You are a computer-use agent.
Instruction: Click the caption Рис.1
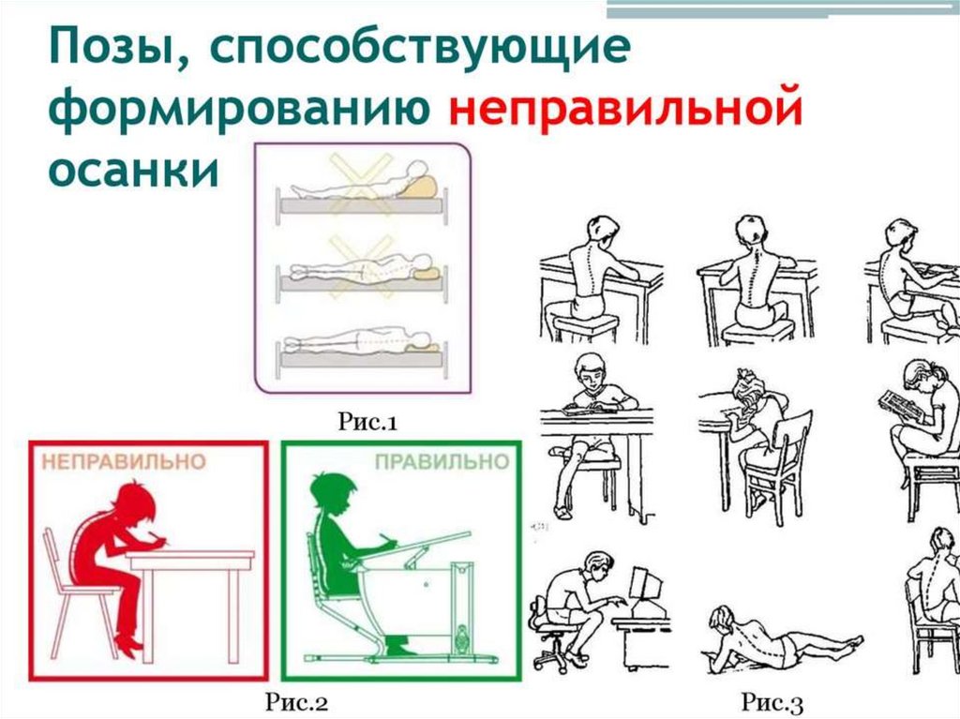coord(367,421)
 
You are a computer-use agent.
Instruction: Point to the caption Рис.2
coord(297,702)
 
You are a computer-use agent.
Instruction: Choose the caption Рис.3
coord(772,702)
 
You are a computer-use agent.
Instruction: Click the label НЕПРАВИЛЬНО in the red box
coord(124,461)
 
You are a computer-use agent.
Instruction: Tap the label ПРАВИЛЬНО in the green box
coord(442,461)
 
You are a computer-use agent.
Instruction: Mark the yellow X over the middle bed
coord(361,267)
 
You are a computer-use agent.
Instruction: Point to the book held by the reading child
coord(899,406)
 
